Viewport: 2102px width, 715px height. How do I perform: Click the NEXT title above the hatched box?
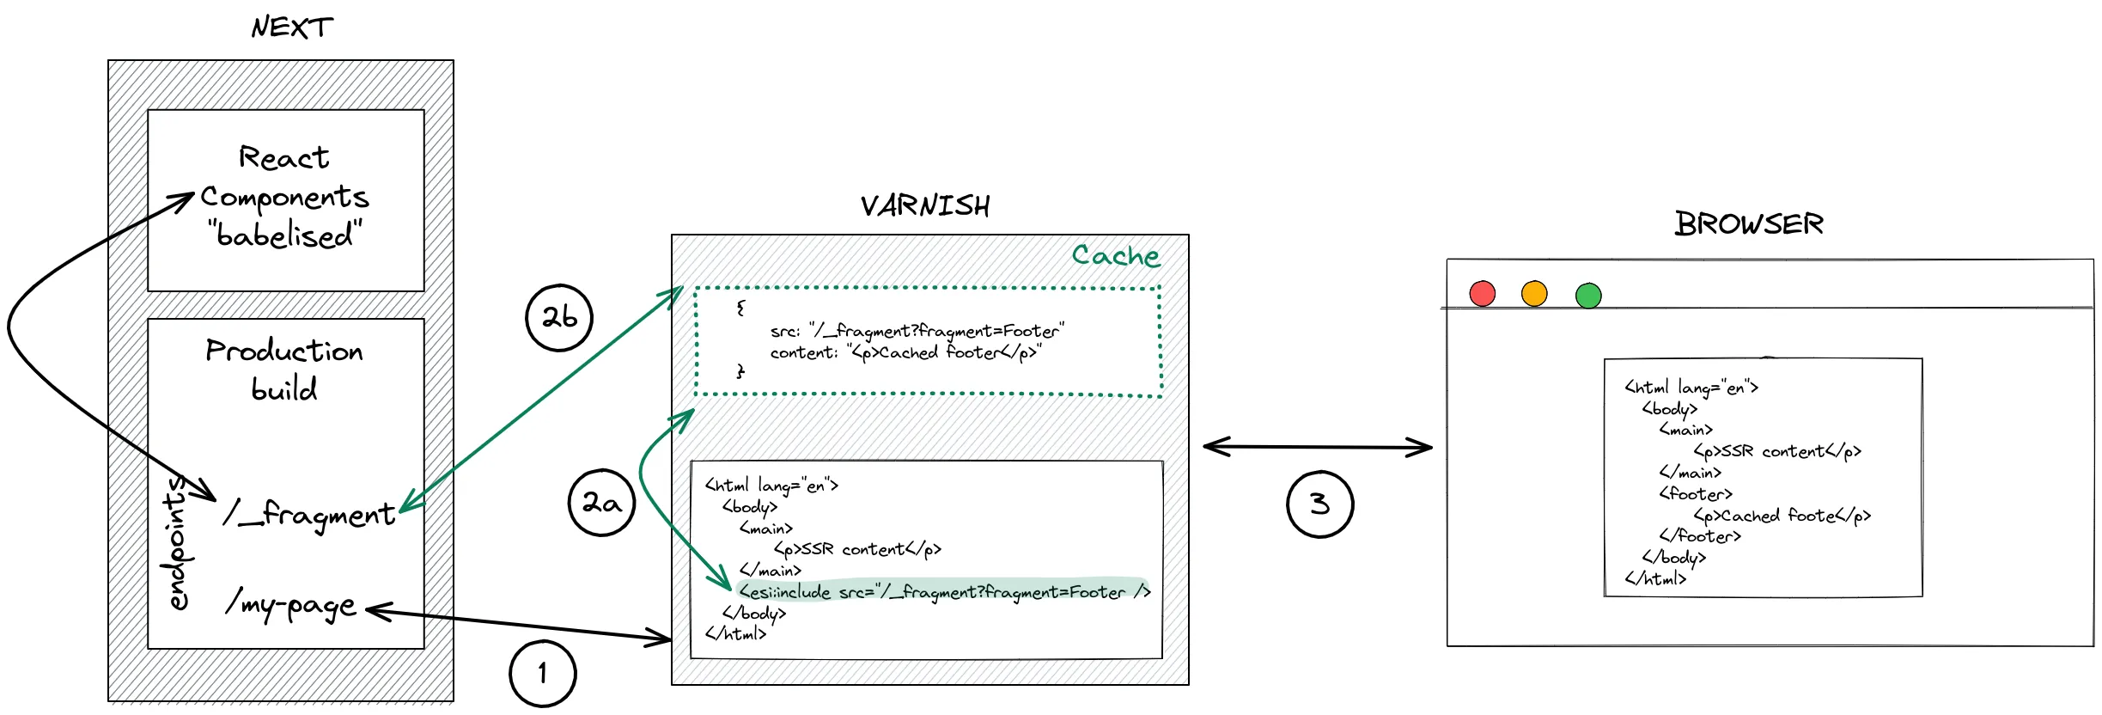[x=292, y=27]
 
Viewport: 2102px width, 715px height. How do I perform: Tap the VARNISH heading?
[x=925, y=206]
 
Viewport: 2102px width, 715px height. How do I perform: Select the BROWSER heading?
[x=1748, y=224]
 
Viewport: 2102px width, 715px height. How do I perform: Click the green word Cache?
[x=1115, y=255]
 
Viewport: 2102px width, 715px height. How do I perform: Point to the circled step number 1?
[x=542, y=673]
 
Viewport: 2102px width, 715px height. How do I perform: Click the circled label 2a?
[x=601, y=503]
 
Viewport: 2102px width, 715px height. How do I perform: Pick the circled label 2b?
[x=559, y=317]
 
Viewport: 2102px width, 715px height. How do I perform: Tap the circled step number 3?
[x=1319, y=504]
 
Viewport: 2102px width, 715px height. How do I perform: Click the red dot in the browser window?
[x=1483, y=293]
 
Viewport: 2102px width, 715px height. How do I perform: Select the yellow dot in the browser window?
[x=1534, y=293]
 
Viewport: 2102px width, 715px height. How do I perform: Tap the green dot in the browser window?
[x=1588, y=296]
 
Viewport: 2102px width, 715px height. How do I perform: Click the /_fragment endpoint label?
[x=309, y=514]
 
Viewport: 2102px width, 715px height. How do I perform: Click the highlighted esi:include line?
[x=943, y=592]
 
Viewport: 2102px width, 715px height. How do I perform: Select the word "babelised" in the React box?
[x=284, y=235]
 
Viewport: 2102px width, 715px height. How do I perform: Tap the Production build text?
[x=284, y=370]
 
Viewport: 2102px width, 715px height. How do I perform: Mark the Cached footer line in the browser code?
[x=1782, y=516]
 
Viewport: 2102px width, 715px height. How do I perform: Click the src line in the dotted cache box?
[x=917, y=331]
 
